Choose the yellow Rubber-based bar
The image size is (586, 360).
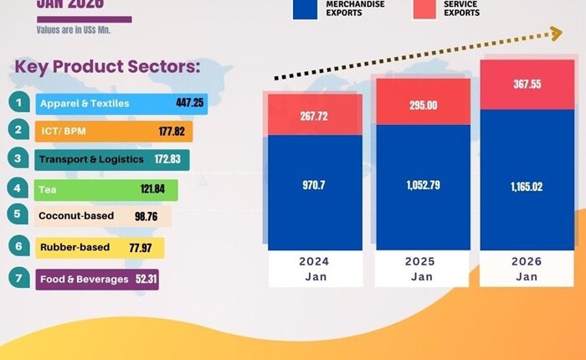(99, 247)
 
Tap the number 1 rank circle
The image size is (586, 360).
(18, 103)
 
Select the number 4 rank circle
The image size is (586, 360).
(18, 188)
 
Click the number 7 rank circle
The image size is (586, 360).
(18, 278)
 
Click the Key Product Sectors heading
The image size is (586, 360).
(106, 67)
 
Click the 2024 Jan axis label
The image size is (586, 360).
(315, 268)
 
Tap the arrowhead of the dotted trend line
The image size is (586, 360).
(554, 33)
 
